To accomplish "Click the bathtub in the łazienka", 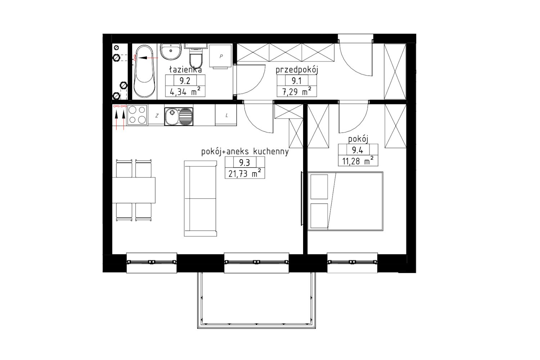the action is (144, 71).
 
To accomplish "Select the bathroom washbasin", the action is (171, 51).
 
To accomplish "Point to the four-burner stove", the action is (137, 115).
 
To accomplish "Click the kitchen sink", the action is (179, 117).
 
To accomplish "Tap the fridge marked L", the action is (226, 115).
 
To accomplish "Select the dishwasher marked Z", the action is (156, 115).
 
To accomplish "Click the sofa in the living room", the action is (200, 198).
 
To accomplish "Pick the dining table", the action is (134, 190).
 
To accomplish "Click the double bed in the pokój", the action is (345, 201).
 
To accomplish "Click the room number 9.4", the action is (357, 150).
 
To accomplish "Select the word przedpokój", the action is (297, 70).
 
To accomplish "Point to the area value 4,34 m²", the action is (185, 92).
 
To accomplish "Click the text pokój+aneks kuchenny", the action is (245, 152).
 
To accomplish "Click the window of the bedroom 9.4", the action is (352, 262).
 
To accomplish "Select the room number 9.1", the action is (297, 81).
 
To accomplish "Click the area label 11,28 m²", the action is (358, 161).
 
